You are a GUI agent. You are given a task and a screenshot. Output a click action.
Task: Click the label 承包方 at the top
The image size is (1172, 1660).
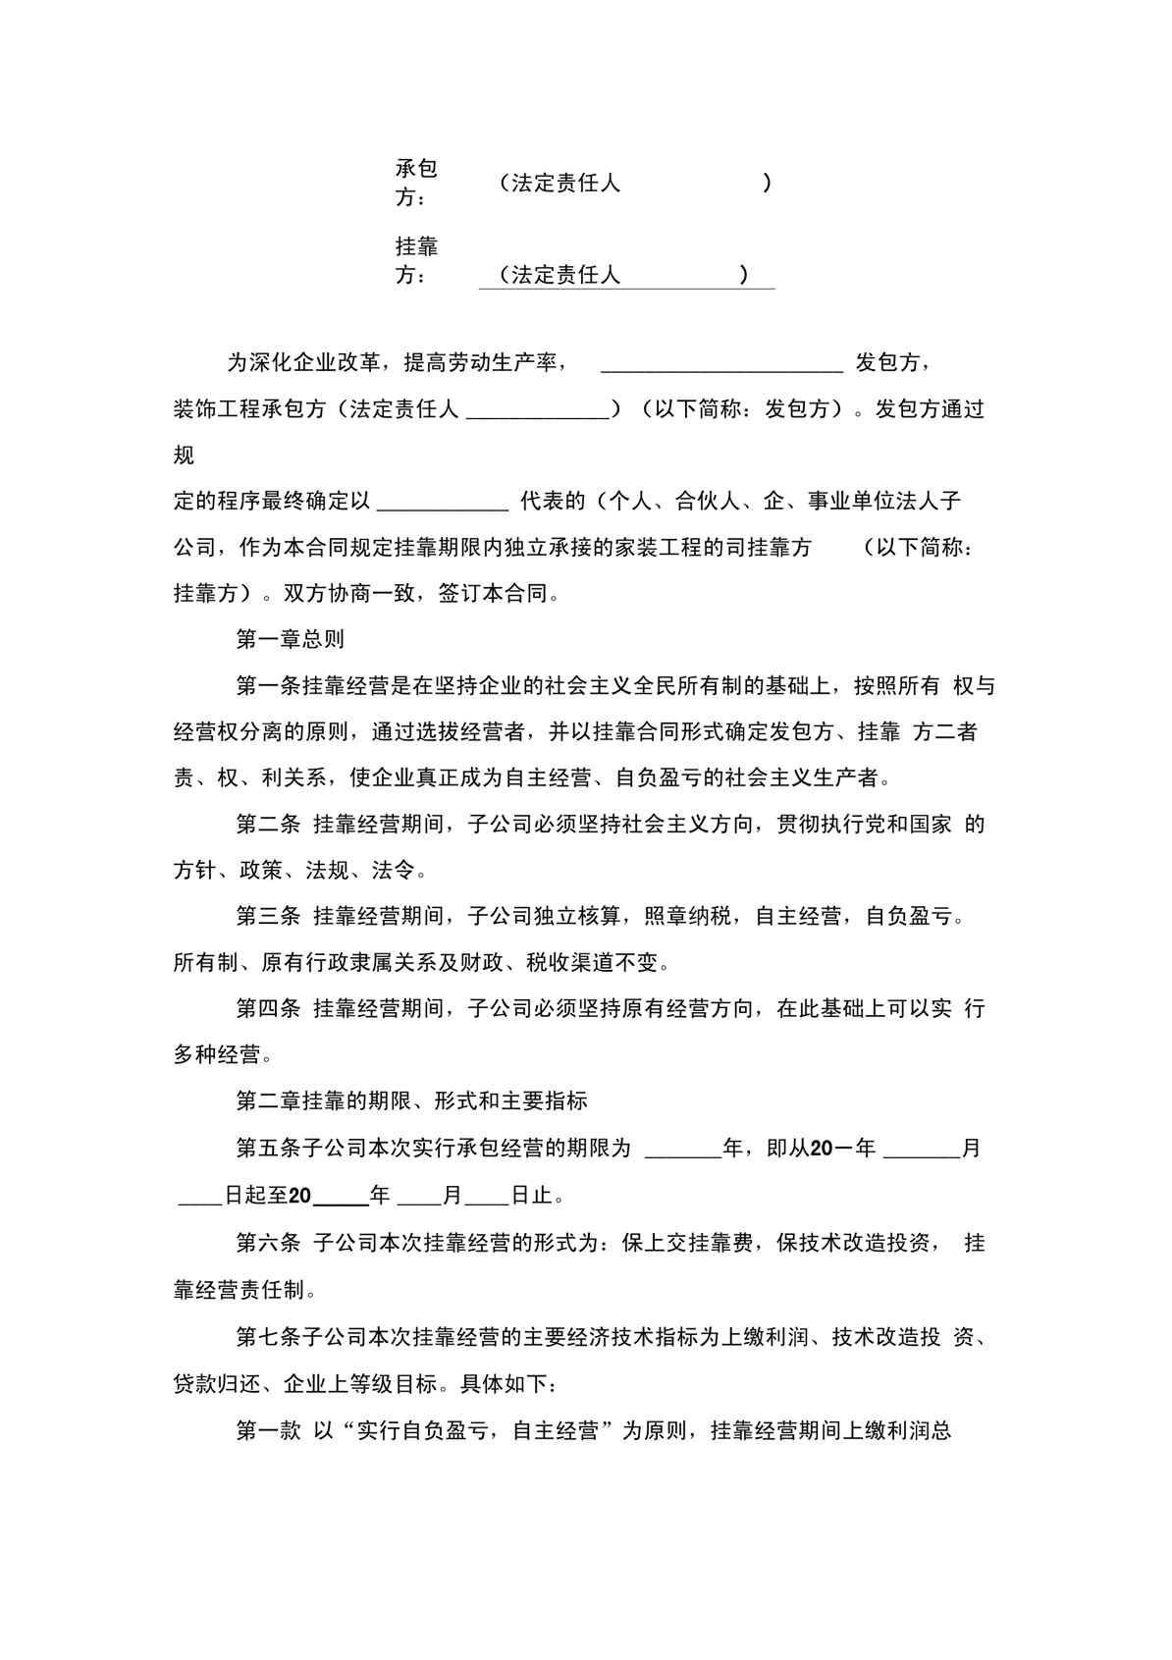click(x=416, y=183)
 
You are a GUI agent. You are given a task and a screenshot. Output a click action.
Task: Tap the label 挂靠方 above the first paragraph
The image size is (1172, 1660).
click(x=416, y=260)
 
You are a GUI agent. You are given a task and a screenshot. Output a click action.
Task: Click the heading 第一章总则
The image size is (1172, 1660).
click(x=291, y=639)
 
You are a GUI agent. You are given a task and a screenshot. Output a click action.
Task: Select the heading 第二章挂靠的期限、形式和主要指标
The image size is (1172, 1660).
click(x=411, y=1100)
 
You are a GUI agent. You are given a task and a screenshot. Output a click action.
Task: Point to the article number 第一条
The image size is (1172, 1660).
click(x=268, y=686)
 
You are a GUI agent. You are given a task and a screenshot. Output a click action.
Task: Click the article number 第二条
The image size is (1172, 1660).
click(x=268, y=825)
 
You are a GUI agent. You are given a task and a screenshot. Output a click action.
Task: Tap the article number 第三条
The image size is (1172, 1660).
click(x=268, y=917)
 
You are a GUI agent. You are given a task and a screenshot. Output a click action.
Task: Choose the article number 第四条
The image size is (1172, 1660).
click(x=268, y=1008)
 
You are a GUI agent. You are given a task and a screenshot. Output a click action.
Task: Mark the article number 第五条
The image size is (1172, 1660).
click(x=268, y=1148)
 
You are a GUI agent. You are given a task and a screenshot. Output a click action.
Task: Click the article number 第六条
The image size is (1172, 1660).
click(x=268, y=1243)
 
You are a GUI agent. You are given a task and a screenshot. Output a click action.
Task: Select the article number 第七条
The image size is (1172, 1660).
click(x=268, y=1336)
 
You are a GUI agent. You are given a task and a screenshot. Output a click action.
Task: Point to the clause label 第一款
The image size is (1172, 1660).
click(x=268, y=1430)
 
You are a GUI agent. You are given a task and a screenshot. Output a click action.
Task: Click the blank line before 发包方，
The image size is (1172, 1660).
click(x=721, y=367)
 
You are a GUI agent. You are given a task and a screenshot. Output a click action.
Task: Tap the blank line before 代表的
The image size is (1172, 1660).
click(x=443, y=506)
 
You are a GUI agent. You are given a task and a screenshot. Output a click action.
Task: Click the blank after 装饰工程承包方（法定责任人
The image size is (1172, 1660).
click(x=538, y=413)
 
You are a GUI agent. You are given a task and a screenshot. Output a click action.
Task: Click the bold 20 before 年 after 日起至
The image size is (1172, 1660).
click(x=300, y=1196)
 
